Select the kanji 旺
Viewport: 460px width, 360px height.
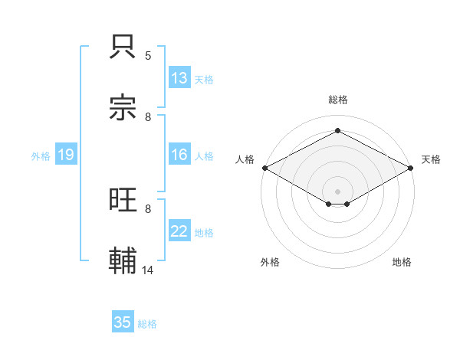point(123,200)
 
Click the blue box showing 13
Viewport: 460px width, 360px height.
point(179,78)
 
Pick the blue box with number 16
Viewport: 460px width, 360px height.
point(179,155)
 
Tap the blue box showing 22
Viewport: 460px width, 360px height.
point(179,231)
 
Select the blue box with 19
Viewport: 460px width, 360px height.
point(65,155)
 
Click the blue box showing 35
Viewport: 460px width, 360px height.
point(123,322)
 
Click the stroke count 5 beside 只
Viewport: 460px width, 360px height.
point(148,56)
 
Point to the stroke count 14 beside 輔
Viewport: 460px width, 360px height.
point(148,270)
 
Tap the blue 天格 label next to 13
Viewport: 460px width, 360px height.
point(204,80)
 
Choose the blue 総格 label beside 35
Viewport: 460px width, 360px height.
point(147,324)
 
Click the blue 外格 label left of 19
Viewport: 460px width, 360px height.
point(41,156)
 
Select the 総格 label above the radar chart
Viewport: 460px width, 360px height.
point(337,100)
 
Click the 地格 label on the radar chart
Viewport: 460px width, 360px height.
point(402,262)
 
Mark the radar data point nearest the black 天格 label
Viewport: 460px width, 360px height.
point(412,168)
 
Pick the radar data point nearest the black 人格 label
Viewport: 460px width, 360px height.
point(264,168)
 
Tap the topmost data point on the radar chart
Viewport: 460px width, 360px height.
point(337,131)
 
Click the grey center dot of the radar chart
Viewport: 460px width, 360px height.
point(337,191)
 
